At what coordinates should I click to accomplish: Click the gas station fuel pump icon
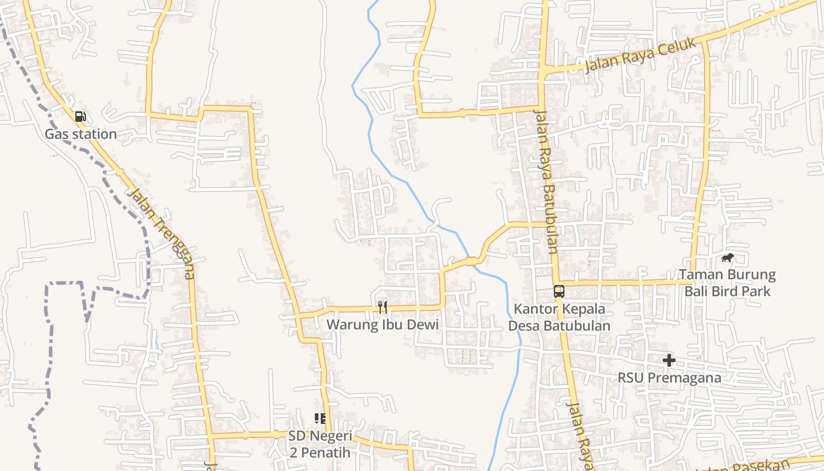(81, 117)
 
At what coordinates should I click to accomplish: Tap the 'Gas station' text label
(81, 134)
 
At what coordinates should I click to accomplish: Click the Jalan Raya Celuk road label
(640, 55)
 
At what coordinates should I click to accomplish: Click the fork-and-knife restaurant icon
(383, 307)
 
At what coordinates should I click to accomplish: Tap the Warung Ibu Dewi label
(383, 324)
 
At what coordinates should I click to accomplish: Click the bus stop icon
(559, 291)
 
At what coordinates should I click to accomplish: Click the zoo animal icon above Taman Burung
(727, 258)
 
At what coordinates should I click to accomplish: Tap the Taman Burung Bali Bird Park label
(727, 283)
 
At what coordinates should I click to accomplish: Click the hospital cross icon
(669, 360)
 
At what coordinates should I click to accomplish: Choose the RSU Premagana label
(669, 377)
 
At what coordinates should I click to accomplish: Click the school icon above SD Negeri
(320, 419)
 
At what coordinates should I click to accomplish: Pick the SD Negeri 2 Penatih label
(320, 445)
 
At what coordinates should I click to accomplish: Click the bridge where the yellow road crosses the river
(471, 261)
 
